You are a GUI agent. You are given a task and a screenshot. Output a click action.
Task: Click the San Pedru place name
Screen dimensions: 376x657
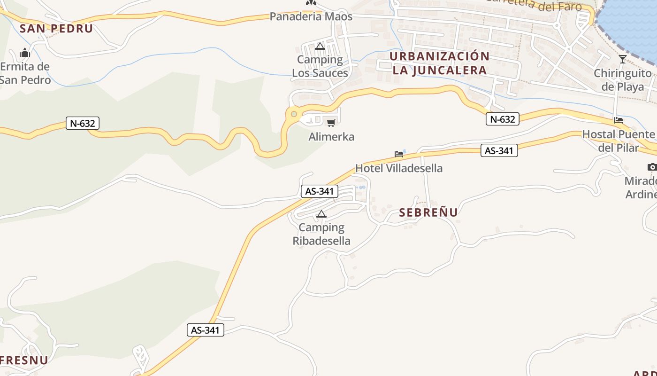click(x=56, y=28)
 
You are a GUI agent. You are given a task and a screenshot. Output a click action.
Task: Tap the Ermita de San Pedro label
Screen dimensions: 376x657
click(x=25, y=73)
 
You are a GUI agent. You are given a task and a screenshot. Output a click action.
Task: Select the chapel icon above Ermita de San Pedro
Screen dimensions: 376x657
click(x=25, y=52)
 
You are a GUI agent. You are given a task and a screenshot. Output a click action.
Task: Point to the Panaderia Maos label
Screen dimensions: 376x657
click(x=311, y=16)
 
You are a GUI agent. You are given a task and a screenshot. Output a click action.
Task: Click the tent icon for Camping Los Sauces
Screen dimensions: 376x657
click(x=320, y=46)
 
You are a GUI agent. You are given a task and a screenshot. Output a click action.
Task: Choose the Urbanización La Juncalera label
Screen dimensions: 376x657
click(x=439, y=63)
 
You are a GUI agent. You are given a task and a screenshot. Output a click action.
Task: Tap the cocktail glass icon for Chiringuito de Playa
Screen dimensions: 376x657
click(x=623, y=59)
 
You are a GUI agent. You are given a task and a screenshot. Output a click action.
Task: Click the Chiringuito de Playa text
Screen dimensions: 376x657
click(x=623, y=80)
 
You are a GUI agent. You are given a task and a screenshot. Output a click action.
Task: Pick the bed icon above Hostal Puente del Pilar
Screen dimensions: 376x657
click(x=619, y=120)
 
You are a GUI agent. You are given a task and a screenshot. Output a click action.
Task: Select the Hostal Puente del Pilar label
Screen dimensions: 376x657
click(x=619, y=141)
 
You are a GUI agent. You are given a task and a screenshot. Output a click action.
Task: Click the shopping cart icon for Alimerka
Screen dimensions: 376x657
click(x=331, y=123)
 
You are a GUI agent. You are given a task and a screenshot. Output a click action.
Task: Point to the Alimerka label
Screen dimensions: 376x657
click(x=331, y=137)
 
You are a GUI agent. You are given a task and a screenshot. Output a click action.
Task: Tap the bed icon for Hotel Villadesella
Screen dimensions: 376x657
click(x=399, y=154)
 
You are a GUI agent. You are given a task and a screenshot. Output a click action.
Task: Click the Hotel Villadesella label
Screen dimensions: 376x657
click(x=399, y=168)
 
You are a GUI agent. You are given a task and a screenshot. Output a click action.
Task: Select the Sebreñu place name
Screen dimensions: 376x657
click(x=428, y=212)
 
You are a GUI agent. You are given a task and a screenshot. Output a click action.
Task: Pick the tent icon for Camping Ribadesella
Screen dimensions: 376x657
click(x=321, y=214)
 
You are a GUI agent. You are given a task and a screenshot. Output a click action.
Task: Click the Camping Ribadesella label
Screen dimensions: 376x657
click(x=321, y=234)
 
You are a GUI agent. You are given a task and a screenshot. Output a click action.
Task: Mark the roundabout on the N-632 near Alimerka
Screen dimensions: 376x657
click(x=294, y=114)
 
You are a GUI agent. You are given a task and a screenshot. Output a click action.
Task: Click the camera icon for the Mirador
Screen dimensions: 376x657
click(x=652, y=167)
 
